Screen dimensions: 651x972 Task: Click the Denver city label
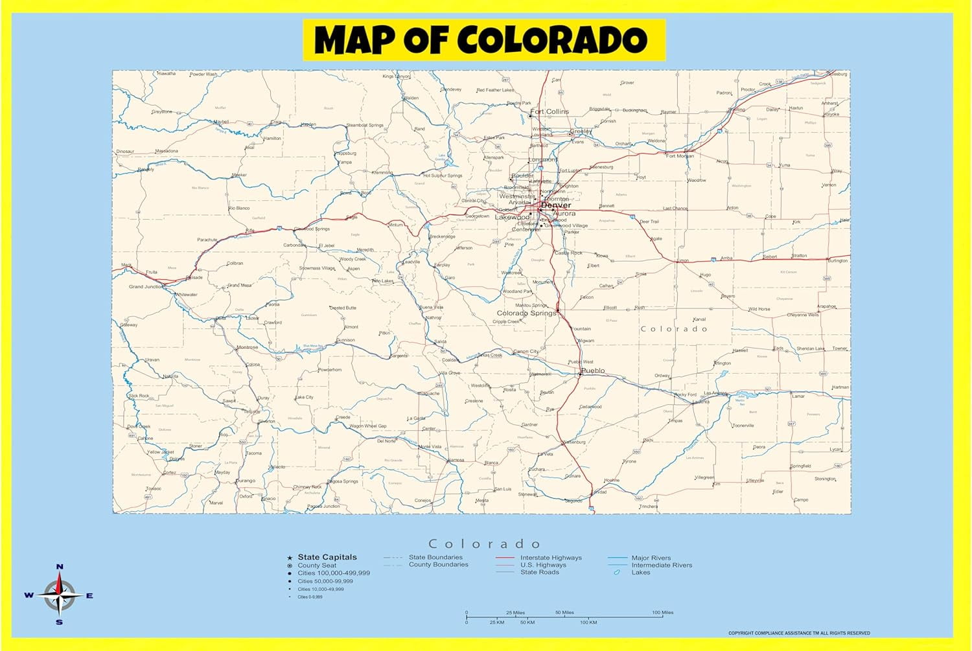pyautogui.click(x=556, y=205)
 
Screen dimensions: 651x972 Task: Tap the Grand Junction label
pyautogui.click(x=146, y=286)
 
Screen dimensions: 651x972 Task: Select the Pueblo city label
pyautogui.click(x=593, y=371)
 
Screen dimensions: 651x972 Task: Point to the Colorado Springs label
pyautogui.click(x=526, y=313)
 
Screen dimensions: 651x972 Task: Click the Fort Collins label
pyautogui.click(x=550, y=111)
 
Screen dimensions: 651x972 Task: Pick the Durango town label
pyautogui.click(x=246, y=481)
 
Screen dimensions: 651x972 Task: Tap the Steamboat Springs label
pyautogui.click(x=365, y=125)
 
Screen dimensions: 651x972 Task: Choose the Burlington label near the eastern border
pyautogui.click(x=837, y=261)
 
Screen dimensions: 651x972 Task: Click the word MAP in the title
pyautogui.click(x=354, y=40)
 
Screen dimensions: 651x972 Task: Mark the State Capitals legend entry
pyautogui.click(x=327, y=557)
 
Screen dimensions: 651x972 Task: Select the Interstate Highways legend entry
pyautogui.click(x=551, y=558)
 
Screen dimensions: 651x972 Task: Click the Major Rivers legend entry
pyautogui.click(x=651, y=558)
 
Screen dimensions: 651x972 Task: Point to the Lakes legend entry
pyautogui.click(x=640, y=572)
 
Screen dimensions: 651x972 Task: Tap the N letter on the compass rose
pyautogui.click(x=60, y=567)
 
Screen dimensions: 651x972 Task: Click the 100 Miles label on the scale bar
pyautogui.click(x=662, y=612)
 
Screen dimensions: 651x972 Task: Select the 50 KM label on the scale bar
pyautogui.click(x=527, y=622)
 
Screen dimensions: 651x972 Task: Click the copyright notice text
pyautogui.click(x=798, y=633)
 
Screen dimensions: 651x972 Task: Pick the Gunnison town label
pyautogui.click(x=345, y=339)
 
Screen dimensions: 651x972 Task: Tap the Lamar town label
pyautogui.click(x=798, y=396)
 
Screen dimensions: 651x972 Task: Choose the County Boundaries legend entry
pyautogui.click(x=438, y=565)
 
